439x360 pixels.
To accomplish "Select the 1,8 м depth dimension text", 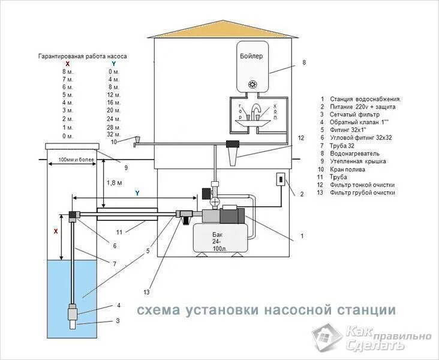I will pos(114,182).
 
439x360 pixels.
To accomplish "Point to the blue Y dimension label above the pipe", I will pos(137,193).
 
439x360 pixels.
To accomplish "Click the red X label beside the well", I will pos(56,230).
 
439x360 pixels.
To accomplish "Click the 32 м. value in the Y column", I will pos(114,135).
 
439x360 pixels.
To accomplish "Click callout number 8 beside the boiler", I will pos(304,62).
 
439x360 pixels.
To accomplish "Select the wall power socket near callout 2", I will pos(279,179).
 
